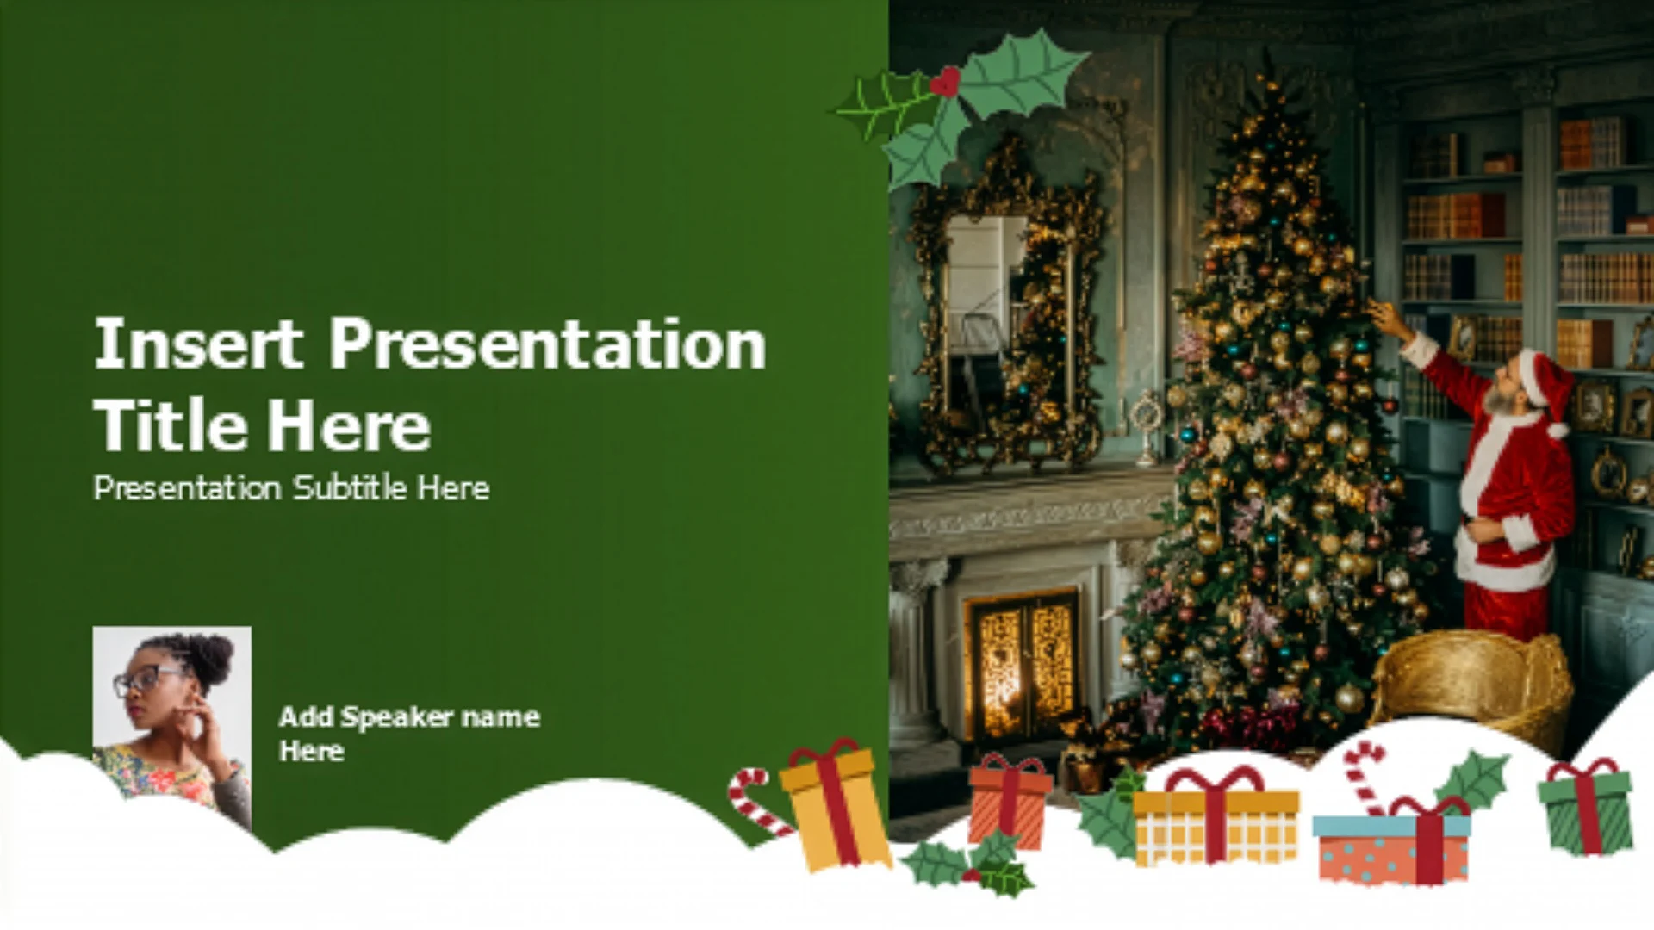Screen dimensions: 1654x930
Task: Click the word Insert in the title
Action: (198, 344)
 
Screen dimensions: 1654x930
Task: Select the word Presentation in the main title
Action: (548, 344)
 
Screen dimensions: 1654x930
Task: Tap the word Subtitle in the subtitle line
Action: (351, 488)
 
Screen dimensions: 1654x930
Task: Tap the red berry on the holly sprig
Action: (946, 82)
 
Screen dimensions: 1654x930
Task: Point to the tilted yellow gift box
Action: (833, 804)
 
